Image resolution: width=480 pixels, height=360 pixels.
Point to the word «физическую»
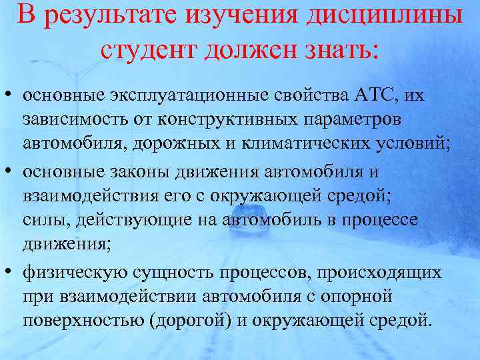click(x=65, y=273)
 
